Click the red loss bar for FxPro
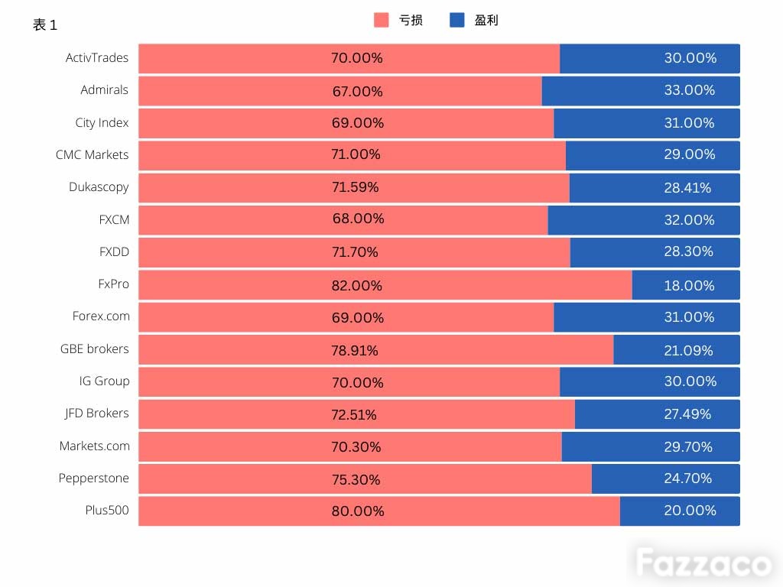pos(385,285)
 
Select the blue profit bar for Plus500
pos(680,511)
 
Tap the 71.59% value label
pos(355,187)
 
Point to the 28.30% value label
pos(688,251)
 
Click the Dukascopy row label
pos(99,187)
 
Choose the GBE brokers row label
pos(94,349)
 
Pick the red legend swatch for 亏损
pos(381,20)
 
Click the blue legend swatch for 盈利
pos(457,20)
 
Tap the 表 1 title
pos(45,24)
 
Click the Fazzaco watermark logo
pos(703,563)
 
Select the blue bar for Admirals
pos(641,91)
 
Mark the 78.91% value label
pos(355,350)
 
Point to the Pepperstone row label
pos(93,478)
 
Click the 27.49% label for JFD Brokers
pos(687,413)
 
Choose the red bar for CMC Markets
pos(352,155)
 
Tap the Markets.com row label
pos(94,446)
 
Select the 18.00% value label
pos(689,286)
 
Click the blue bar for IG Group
pos(650,382)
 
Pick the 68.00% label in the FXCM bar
pos(358,218)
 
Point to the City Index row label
pos(102,123)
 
